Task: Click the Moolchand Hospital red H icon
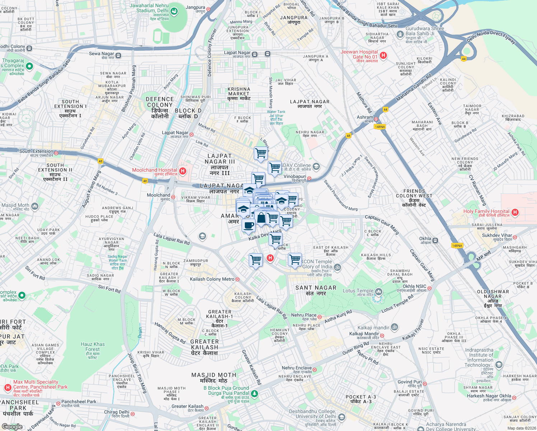pyautogui.click(x=183, y=171)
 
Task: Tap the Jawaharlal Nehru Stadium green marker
pyautogui.click(x=174, y=11)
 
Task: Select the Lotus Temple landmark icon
pyautogui.click(x=379, y=291)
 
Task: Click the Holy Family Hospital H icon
pyautogui.click(x=515, y=212)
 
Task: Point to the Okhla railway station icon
pyautogui.click(x=435, y=240)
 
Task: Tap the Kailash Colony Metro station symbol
pyautogui.click(x=237, y=279)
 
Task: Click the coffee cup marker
pyautogui.click(x=248, y=226)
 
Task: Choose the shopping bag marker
pyautogui.click(x=261, y=217)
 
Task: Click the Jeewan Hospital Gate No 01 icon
pyautogui.click(x=383, y=55)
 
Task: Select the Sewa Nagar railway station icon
pyautogui.click(x=118, y=55)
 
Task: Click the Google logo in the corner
pyautogui.click(x=12, y=427)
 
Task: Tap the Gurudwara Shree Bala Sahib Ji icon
pyautogui.click(x=400, y=34)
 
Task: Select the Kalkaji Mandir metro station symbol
pyautogui.click(x=382, y=336)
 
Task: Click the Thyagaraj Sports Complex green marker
pyautogui.click(x=29, y=66)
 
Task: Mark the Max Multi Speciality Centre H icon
pyautogui.click(x=8, y=388)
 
